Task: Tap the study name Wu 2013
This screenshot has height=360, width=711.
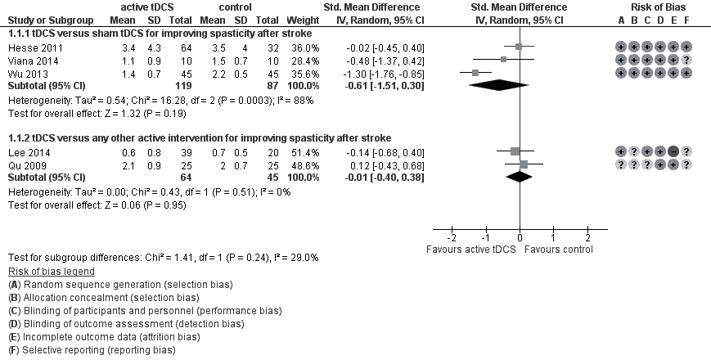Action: [23, 72]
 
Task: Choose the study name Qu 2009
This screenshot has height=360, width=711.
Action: [24, 164]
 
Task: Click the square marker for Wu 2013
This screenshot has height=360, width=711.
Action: [475, 72]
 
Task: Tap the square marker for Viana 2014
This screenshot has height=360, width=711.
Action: [504, 60]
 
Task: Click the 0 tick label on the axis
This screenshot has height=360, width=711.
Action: [520, 236]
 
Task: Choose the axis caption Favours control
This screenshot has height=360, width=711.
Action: [560, 248]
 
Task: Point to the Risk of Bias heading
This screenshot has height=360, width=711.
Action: [654, 7]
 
